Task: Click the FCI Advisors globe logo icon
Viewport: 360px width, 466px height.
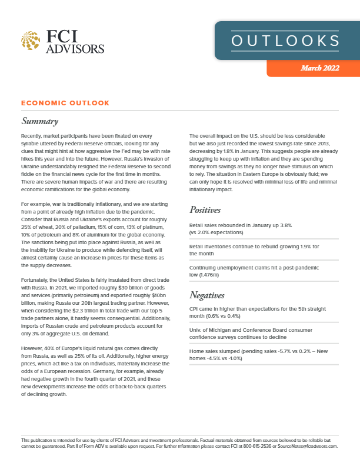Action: point(31,41)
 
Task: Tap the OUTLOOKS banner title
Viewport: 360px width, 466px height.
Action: point(285,41)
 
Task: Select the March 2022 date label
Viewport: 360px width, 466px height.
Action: point(320,68)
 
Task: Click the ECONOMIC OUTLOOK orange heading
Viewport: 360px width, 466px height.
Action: point(65,103)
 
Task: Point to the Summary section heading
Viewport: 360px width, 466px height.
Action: point(39,122)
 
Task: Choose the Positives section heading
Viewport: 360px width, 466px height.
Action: point(205,210)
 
